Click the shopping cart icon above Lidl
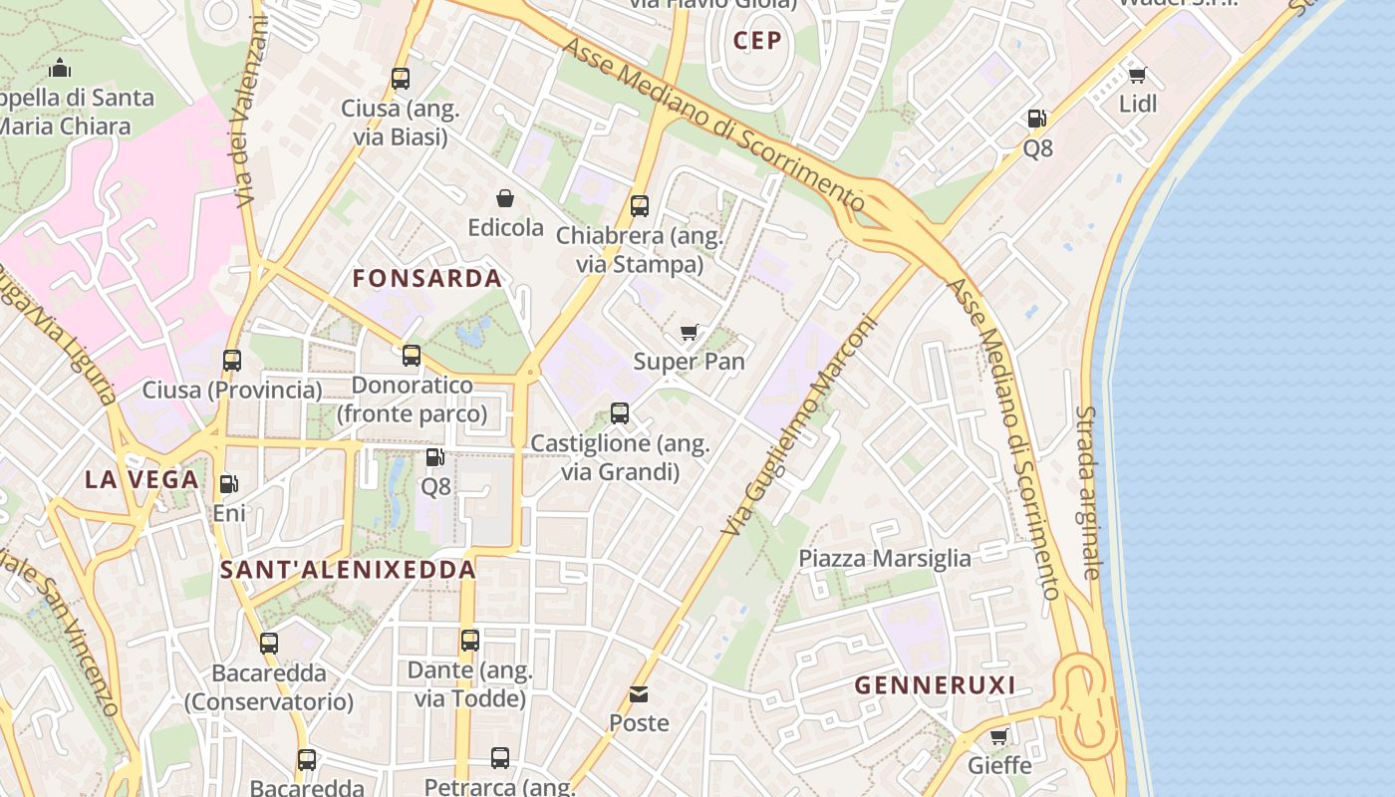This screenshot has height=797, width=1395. tap(1137, 75)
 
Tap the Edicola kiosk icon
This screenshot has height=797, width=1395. tap(505, 198)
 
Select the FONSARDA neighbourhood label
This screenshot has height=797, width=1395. tap(427, 279)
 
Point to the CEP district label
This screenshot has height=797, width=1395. tap(757, 41)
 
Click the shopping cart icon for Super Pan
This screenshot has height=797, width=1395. tap(689, 332)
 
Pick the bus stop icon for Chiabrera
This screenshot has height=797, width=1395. tap(640, 206)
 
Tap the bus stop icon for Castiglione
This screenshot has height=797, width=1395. tap(620, 412)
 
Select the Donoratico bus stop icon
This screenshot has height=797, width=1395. tap(412, 356)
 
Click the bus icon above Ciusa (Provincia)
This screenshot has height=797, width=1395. tap(232, 361)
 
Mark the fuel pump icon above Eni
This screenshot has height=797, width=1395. tap(228, 484)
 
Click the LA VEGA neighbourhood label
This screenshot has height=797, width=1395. tap(141, 480)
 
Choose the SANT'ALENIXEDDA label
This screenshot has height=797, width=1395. tap(348, 570)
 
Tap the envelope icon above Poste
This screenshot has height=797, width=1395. tap(639, 693)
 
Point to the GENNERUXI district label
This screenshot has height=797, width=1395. tap(935, 685)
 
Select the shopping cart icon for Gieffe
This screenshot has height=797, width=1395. tap(999, 736)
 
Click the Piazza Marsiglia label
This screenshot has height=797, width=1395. tap(885, 558)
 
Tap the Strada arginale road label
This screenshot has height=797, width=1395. tap(1089, 492)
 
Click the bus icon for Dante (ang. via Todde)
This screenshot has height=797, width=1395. tap(470, 640)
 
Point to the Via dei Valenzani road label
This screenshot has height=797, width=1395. tap(252, 115)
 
